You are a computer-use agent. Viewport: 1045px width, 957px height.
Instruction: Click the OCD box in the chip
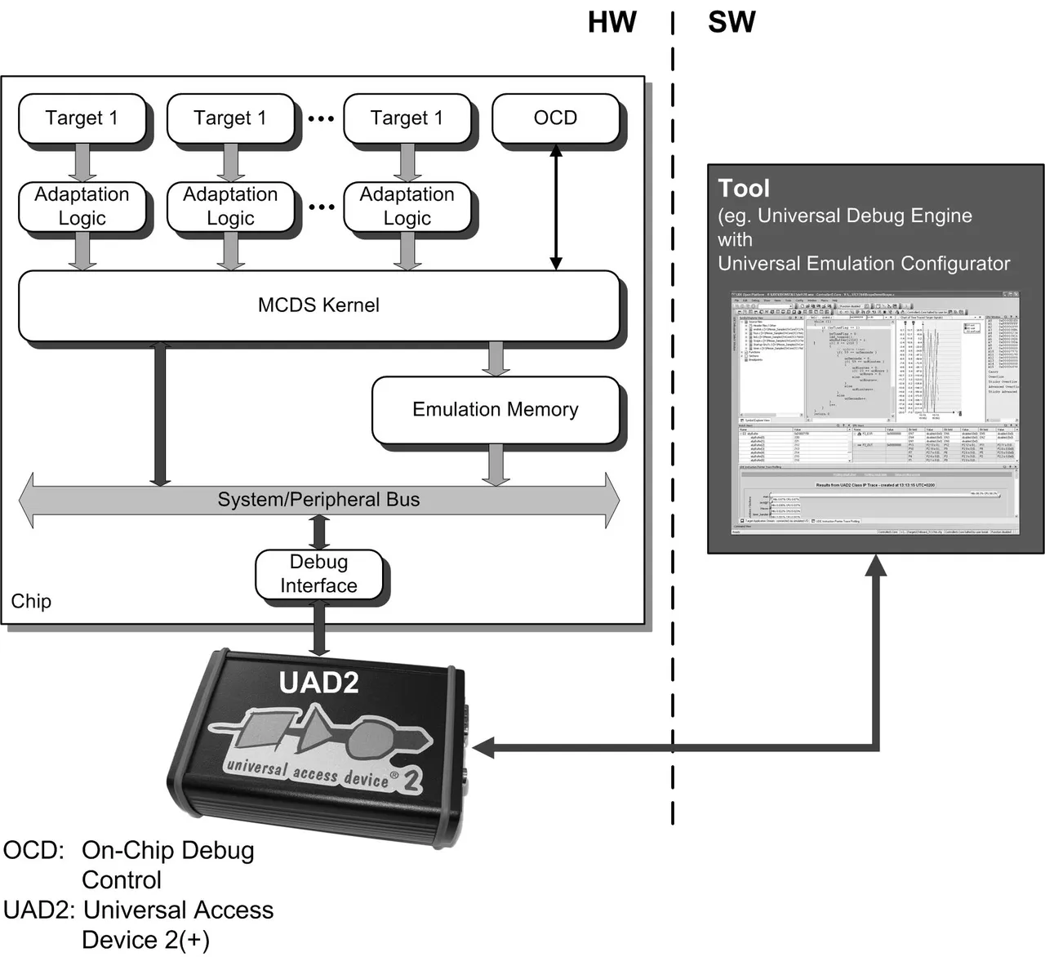(555, 118)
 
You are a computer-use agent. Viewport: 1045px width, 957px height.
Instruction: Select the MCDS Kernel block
(318, 305)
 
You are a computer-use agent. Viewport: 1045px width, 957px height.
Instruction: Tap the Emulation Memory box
(495, 410)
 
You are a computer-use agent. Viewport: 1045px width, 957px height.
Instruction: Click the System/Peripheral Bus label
(318, 500)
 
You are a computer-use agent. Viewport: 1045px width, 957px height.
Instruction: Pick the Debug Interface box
(318, 574)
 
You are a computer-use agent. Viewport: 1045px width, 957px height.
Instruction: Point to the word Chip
(31, 602)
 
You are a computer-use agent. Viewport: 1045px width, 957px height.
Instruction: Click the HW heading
(611, 23)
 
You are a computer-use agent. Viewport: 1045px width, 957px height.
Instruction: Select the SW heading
(731, 23)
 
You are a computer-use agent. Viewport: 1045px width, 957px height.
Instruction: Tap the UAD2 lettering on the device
(318, 683)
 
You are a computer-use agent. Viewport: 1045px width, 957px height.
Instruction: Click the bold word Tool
(744, 189)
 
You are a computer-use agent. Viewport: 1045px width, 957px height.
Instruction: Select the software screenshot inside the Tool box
(875, 412)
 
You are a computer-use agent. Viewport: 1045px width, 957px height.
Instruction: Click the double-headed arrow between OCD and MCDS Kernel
(556, 207)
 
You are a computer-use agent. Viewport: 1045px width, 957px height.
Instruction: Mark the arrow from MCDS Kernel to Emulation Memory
(496, 358)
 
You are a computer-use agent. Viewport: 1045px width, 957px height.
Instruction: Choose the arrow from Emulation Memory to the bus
(496, 465)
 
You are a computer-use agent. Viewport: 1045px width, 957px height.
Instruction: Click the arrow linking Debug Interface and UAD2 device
(319, 630)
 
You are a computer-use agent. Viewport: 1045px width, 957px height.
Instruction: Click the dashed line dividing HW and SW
(673, 408)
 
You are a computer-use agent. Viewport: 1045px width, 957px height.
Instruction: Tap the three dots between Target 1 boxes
(321, 119)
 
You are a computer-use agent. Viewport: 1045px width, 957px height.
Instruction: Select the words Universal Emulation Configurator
(864, 264)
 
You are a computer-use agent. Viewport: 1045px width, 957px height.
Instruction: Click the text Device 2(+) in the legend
(145, 940)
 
